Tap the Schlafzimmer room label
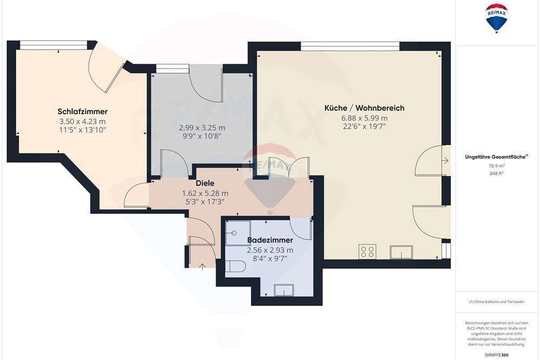point(82,112)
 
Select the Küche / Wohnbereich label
point(364,108)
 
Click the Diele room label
point(205,184)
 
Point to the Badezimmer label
point(270,240)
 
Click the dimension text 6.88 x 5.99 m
point(364,118)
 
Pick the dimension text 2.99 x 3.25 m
point(202,128)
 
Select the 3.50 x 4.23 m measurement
point(82,121)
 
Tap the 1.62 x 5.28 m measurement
point(205,193)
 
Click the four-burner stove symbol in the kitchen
point(368,252)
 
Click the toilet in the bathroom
point(234,266)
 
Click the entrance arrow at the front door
point(202,266)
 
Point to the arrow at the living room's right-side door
point(445,160)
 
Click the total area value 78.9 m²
point(496,166)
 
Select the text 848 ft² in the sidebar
point(496,173)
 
